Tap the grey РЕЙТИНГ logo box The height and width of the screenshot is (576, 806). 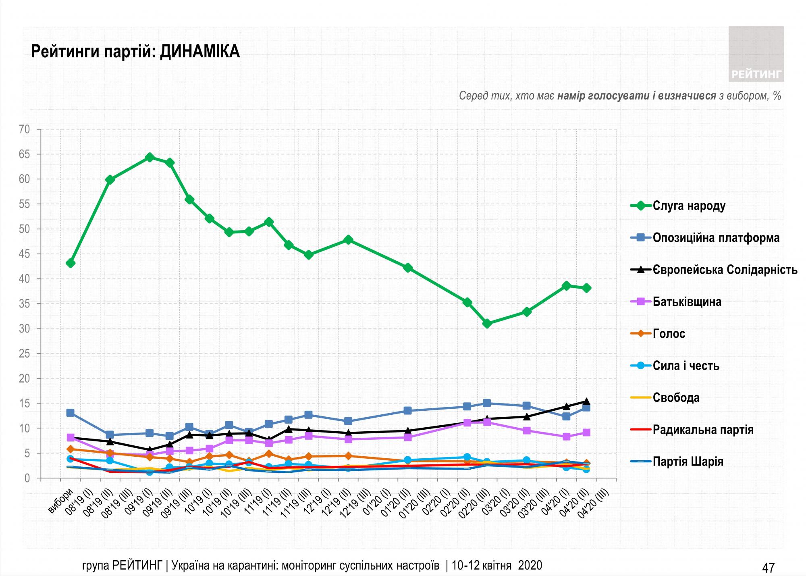[756, 54]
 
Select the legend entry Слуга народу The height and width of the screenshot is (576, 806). [689, 206]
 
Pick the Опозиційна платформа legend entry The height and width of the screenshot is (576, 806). [716, 238]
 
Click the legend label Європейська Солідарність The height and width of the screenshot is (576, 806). [725, 270]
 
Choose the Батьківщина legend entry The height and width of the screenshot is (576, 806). [687, 302]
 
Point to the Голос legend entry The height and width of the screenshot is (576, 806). [669, 334]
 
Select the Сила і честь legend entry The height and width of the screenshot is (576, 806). [686, 366]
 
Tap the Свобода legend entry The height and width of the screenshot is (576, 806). [676, 398]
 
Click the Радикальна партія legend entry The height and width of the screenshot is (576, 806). [703, 430]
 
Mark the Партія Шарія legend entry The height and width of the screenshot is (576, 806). [688, 462]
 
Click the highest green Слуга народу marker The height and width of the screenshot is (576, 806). [150, 157]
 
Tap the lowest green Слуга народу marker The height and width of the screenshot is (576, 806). [487, 323]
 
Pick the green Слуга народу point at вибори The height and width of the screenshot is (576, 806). [71, 263]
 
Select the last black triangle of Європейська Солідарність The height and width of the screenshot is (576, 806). [586, 401]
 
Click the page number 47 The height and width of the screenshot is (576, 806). [768, 568]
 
